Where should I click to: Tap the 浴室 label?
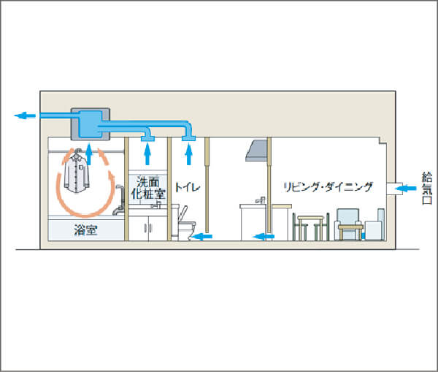[x=85, y=230]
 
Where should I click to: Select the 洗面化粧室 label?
[x=148, y=188]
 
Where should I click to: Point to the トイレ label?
[x=188, y=187]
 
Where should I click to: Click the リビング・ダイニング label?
[x=328, y=186]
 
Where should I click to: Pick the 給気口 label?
[x=427, y=188]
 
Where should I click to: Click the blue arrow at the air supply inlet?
[x=406, y=189]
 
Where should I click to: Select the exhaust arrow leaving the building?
[x=25, y=115]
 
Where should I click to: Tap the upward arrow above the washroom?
[x=147, y=154]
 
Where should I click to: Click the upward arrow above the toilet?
[x=189, y=154]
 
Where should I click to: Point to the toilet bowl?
[x=187, y=226]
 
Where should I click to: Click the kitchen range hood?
[x=256, y=151]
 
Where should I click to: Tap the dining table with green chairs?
[x=311, y=227]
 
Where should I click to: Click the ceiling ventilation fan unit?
[x=91, y=124]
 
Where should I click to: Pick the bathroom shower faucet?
[x=119, y=200]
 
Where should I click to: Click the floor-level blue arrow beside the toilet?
[x=201, y=237]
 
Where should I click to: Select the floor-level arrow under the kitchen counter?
[x=264, y=237]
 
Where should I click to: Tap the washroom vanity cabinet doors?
[x=147, y=228]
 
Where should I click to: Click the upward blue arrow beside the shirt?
[x=89, y=154]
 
